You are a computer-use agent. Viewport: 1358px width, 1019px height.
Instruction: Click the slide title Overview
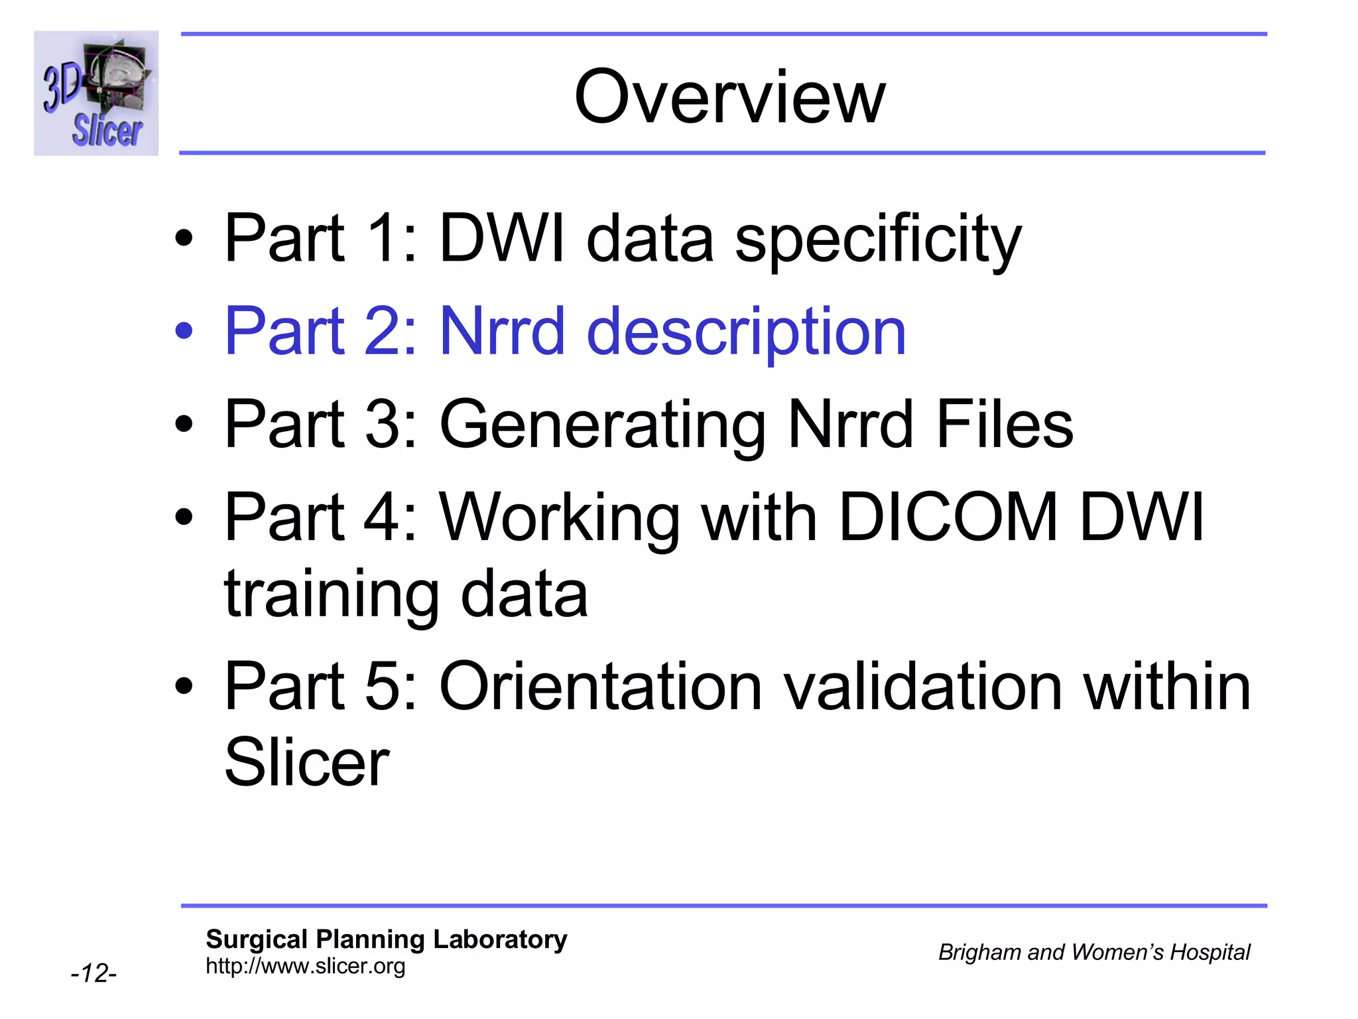tap(729, 98)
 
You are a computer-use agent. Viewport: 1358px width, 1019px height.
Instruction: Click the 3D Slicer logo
tap(96, 94)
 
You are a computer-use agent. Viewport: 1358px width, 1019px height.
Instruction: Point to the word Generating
tap(602, 425)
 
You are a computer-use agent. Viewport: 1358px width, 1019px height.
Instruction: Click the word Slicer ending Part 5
tap(306, 763)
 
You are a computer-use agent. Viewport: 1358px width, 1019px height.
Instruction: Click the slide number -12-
tap(93, 973)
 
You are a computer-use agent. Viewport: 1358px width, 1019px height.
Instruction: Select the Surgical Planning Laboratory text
tap(387, 939)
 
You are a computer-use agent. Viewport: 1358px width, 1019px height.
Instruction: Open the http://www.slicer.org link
tap(305, 966)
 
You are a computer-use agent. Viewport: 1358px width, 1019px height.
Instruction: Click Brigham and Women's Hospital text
tap(1093, 952)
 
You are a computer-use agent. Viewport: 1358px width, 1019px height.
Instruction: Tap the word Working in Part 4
tap(560, 518)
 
